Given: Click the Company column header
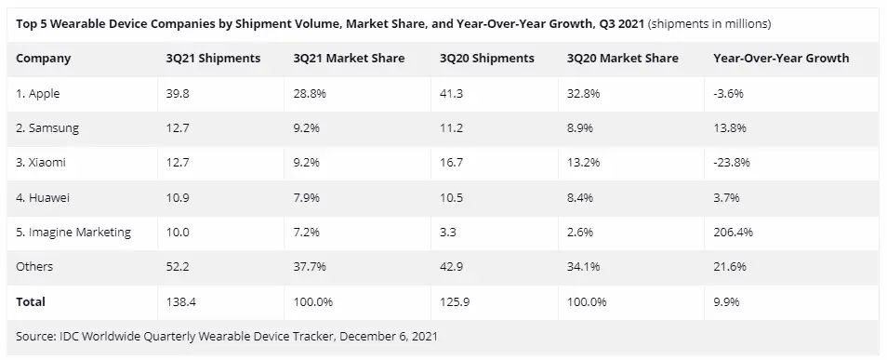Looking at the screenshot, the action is click(x=43, y=59).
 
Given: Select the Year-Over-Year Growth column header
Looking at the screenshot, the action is click(x=781, y=59).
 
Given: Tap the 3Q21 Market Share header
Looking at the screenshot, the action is click(x=349, y=59).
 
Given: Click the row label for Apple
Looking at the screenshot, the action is click(x=37, y=94).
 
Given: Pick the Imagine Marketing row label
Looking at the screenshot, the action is click(x=73, y=232).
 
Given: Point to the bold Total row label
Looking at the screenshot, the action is click(x=31, y=301).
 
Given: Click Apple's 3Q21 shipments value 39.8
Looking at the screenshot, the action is click(x=177, y=94).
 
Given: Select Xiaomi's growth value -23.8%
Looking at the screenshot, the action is click(x=732, y=163).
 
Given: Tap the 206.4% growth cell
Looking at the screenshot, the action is click(x=734, y=232).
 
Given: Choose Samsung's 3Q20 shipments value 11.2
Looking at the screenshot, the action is click(x=451, y=128).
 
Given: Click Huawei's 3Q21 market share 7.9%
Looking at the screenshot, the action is click(x=307, y=197).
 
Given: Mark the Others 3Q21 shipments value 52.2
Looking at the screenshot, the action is click(x=177, y=267).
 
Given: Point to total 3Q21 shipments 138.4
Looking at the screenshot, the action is click(x=181, y=301).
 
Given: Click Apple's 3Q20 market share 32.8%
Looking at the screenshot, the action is click(x=583, y=94).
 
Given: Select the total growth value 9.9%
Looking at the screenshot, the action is click(x=726, y=301).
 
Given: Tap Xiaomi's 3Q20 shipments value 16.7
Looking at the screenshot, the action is click(x=451, y=163).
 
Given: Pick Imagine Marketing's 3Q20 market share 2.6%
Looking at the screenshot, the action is click(x=580, y=232).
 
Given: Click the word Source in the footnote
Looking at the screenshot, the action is click(x=34, y=336).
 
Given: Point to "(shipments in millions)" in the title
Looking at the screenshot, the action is click(x=709, y=24).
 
